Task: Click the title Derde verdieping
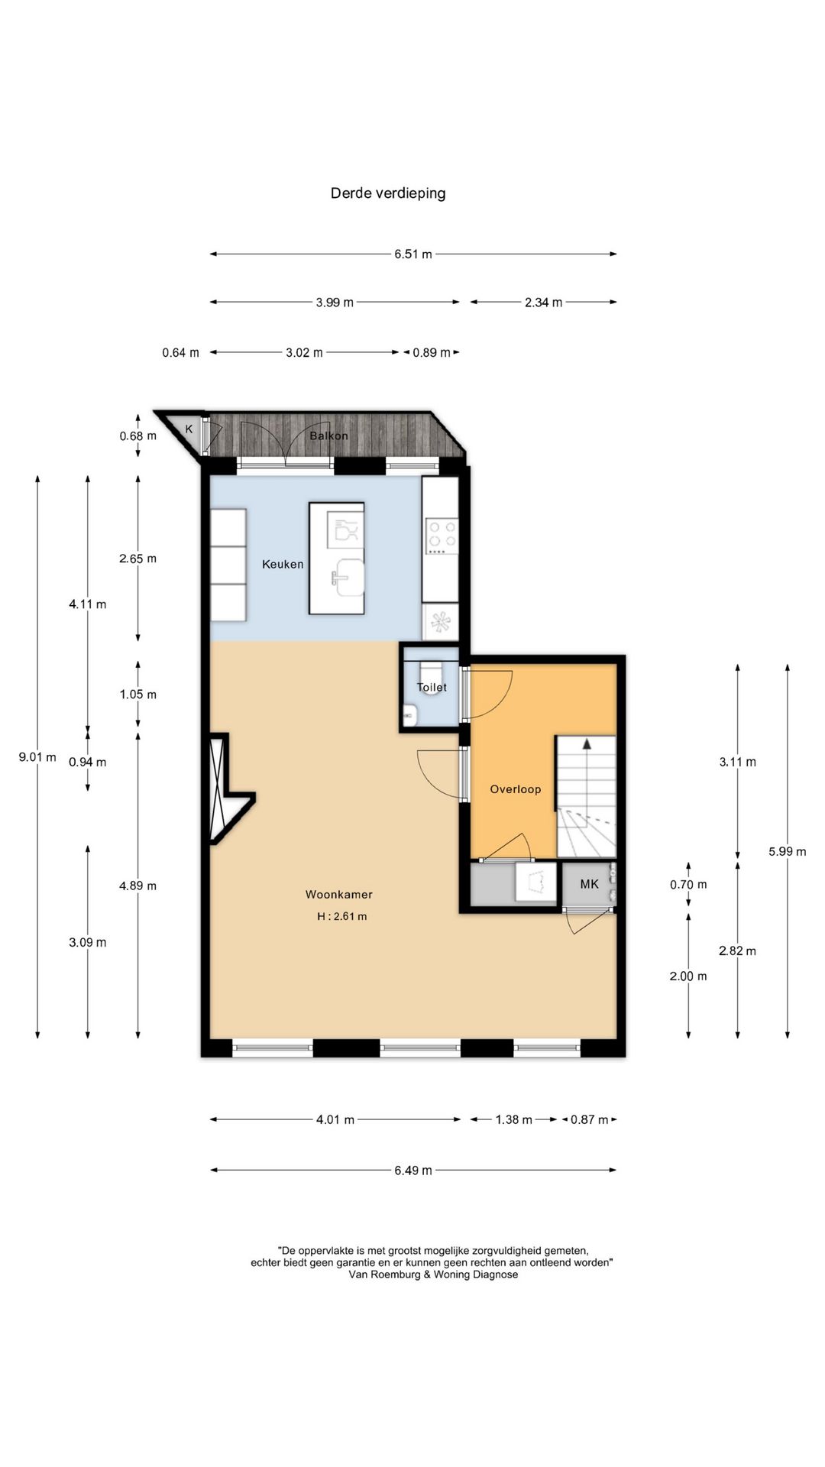pyautogui.click(x=388, y=193)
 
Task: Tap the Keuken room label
pyautogui.click(x=283, y=565)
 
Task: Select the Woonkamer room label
pyautogui.click(x=339, y=894)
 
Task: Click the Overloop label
pyautogui.click(x=516, y=789)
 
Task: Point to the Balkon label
pyautogui.click(x=328, y=436)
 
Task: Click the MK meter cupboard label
pyautogui.click(x=589, y=884)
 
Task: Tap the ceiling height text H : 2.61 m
pyautogui.click(x=342, y=916)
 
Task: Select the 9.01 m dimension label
pyautogui.click(x=37, y=757)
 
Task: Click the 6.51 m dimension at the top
pyautogui.click(x=413, y=254)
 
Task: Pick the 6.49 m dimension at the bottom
pyautogui.click(x=413, y=1170)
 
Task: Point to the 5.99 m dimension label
pyautogui.click(x=788, y=851)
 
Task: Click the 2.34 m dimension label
pyautogui.click(x=543, y=303)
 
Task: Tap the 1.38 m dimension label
pyautogui.click(x=513, y=1119)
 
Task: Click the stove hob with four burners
pyautogui.click(x=442, y=536)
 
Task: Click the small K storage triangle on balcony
pyautogui.click(x=183, y=430)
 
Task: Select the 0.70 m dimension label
pyautogui.click(x=688, y=884)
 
